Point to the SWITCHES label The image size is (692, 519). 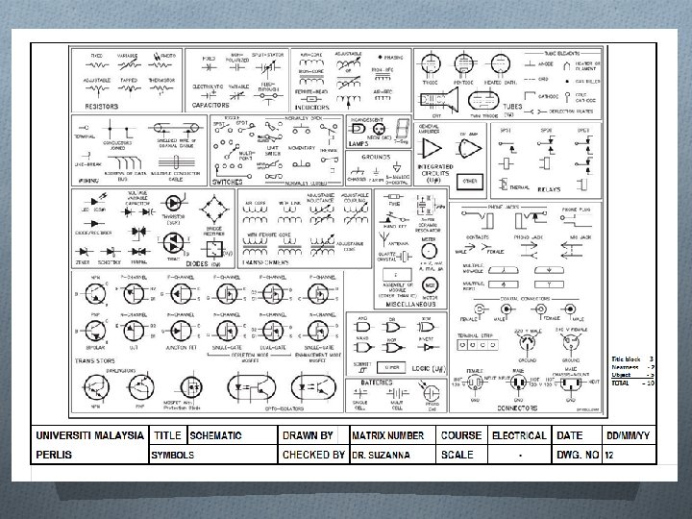click(228, 182)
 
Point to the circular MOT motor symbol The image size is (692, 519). click(431, 285)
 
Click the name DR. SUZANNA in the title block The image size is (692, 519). click(378, 455)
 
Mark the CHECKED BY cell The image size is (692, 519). click(312, 455)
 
